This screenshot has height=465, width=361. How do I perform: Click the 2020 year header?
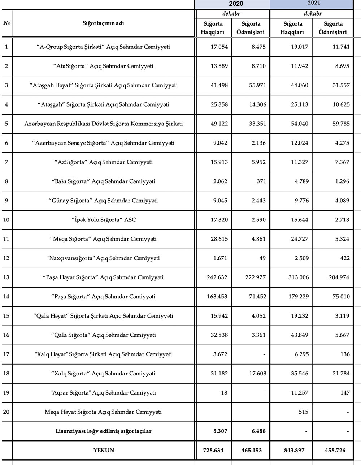(x=236, y=4)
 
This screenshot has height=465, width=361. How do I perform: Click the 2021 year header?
(x=314, y=3)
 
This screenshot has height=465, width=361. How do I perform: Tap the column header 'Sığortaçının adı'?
(x=103, y=23)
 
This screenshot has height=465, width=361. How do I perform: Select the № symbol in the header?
(x=6, y=23)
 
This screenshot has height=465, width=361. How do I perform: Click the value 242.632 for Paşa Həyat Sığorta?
(x=217, y=277)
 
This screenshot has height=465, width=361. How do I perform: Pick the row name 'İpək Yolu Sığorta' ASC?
(x=104, y=220)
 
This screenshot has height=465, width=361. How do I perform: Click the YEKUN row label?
(x=104, y=450)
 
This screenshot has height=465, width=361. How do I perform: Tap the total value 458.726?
(x=334, y=450)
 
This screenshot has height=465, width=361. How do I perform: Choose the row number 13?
(x=6, y=277)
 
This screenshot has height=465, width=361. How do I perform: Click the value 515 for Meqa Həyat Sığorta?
(x=303, y=412)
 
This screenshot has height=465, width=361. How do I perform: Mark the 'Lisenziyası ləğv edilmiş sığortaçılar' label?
(x=104, y=431)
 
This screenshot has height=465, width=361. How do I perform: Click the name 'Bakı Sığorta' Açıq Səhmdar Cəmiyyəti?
(x=104, y=181)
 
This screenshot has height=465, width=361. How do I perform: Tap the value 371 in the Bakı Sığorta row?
(x=260, y=181)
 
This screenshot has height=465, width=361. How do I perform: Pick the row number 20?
(x=6, y=412)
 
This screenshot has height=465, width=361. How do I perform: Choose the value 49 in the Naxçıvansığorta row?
(x=262, y=258)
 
